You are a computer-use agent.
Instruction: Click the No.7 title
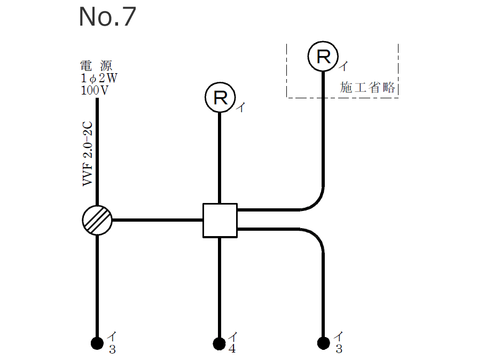(107, 17)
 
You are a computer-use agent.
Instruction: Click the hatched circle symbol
(97, 220)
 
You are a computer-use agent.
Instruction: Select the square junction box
(220, 220)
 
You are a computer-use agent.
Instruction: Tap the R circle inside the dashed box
(323, 56)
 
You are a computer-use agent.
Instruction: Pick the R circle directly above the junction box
(220, 97)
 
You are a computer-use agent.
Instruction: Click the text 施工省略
(368, 88)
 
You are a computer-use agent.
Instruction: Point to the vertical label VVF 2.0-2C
(88, 154)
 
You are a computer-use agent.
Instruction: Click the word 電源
(96, 66)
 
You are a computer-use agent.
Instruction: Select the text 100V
(95, 90)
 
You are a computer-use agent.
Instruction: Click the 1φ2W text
(99, 78)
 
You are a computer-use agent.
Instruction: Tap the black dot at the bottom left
(97, 342)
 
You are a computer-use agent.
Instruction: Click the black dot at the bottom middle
(219, 342)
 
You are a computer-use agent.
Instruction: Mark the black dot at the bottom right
(323, 342)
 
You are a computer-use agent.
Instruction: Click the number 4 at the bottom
(232, 349)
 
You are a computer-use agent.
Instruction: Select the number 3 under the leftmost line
(112, 350)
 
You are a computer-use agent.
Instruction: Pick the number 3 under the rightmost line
(339, 350)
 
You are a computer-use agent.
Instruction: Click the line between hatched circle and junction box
(158, 220)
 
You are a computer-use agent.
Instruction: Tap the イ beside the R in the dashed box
(345, 66)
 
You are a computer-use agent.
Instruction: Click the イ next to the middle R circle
(241, 107)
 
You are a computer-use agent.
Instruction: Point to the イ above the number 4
(233, 337)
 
